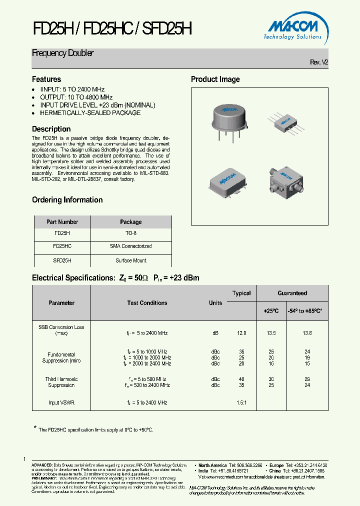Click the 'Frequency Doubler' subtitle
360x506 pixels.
coord(63,53)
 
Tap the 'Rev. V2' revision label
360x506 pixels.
coord(319,62)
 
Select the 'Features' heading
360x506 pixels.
coord(46,79)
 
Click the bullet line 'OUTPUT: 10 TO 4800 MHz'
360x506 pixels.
coord(76,97)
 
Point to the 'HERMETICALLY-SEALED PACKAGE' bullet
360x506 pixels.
coord(90,112)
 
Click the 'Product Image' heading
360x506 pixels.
coord(215,79)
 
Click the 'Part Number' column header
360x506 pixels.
coord(62,222)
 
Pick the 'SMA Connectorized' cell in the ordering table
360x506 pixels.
coord(131,246)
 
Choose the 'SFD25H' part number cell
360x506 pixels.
coord(62,260)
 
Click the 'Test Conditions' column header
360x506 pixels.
coord(147,303)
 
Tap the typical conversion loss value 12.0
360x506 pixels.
coord(241,333)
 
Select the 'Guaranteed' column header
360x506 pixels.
coord(292,293)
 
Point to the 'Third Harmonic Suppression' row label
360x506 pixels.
coord(61,382)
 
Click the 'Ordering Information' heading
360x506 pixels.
coord(67,200)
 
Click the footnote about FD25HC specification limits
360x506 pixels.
coord(95,429)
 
